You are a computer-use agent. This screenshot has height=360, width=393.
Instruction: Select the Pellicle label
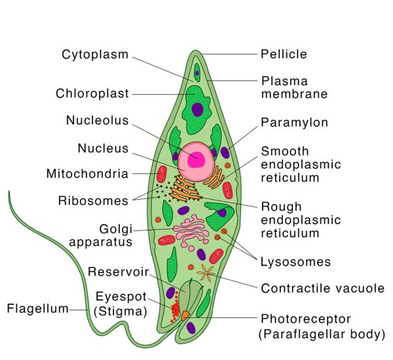pyautogui.click(x=284, y=54)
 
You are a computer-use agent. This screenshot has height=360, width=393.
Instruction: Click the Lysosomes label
pyautogui.click(x=295, y=262)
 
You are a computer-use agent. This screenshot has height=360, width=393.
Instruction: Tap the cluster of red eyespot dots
pyautogui.click(x=176, y=306)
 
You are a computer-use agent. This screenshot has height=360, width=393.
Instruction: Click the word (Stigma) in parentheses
pyautogui.click(x=121, y=311)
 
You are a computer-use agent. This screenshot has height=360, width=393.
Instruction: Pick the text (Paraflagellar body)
pyautogui.click(x=321, y=335)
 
